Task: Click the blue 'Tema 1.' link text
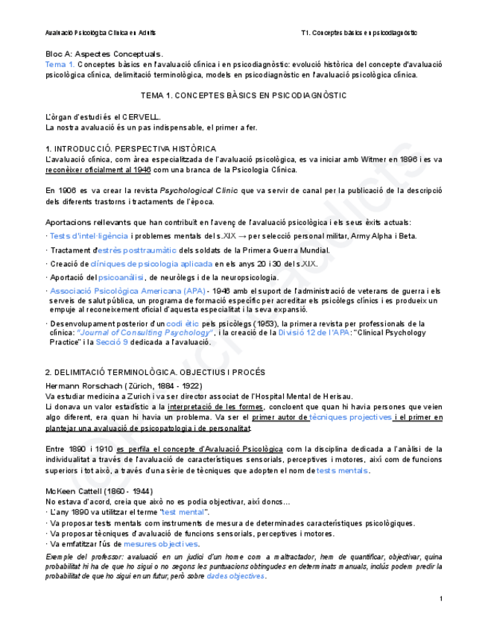pos(59,65)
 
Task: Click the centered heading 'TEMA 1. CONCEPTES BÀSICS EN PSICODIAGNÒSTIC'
pos(244,96)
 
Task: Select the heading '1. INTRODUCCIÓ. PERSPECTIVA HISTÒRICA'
pos(131,148)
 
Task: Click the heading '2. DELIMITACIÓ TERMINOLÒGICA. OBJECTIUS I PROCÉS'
pos(155,371)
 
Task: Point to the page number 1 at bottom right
pos(441,599)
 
